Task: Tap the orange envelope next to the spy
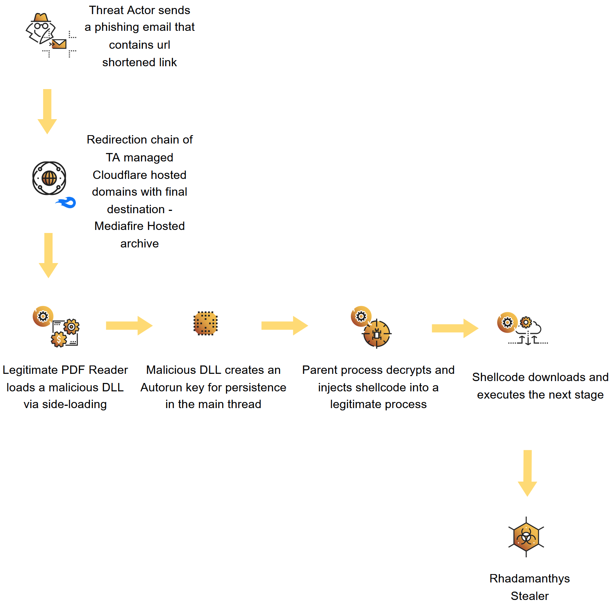[x=59, y=44]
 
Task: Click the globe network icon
[x=49, y=178]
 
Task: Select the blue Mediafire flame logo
[x=67, y=203]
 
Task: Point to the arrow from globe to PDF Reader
[x=48, y=255]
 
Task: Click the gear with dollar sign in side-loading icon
[x=59, y=339]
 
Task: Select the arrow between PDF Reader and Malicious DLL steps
[x=129, y=325]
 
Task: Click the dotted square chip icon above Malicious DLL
[x=205, y=323]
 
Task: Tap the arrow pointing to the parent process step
[x=284, y=325]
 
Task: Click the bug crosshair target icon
[x=376, y=334]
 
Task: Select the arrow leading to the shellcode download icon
[x=455, y=328]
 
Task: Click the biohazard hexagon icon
[x=526, y=537]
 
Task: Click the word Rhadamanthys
[x=529, y=578]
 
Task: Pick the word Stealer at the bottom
[x=529, y=596]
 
